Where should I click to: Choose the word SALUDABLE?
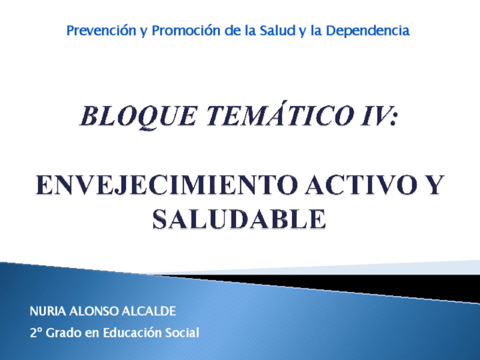coord(239,220)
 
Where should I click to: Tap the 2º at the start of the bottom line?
coord(36,333)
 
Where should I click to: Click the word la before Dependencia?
coord(317,31)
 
